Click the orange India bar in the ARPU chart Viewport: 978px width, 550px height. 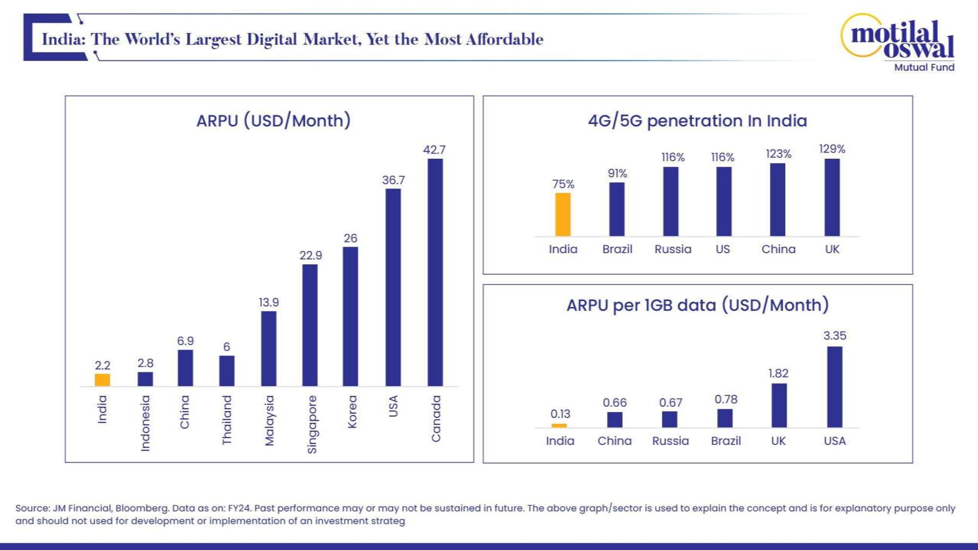tap(102, 380)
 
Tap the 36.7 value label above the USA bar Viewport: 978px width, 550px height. tap(393, 180)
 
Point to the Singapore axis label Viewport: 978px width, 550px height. tap(312, 424)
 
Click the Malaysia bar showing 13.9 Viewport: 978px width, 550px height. tap(269, 348)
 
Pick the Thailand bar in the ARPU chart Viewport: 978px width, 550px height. tap(227, 371)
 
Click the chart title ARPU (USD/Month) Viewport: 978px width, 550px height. tap(273, 121)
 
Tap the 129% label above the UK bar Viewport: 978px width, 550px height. tap(832, 149)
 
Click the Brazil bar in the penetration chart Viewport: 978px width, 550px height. tap(617, 209)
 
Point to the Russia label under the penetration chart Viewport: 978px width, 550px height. tap(673, 249)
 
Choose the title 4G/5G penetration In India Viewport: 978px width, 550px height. tap(697, 121)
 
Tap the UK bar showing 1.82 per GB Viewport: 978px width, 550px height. tap(779, 405)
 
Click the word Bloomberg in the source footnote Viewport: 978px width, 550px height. tap(142, 508)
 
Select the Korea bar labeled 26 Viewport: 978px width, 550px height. tap(350, 317)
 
